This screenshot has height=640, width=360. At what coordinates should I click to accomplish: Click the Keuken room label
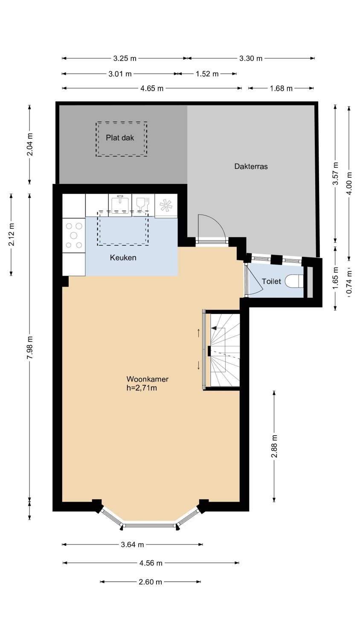pos(123,258)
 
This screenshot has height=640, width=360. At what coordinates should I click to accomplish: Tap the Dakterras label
pos(251,166)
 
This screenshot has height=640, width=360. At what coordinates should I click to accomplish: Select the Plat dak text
pos(120,138)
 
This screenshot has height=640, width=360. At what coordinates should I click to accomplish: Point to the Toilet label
pos(271,282)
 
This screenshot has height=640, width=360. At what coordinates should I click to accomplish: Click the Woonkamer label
pos(148,379)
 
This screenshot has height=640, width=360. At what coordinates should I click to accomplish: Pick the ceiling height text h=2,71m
pos(142,388)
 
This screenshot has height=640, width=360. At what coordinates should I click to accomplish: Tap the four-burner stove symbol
pos(74,236)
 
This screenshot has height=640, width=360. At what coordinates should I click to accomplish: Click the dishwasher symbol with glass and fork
pos(143,204)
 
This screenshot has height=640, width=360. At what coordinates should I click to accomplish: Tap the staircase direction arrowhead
pos(214,329)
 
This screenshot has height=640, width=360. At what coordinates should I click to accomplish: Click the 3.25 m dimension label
pos(125,58)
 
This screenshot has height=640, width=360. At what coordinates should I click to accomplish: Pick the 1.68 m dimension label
pos(281,88)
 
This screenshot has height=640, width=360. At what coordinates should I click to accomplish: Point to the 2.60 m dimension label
pos(150,582)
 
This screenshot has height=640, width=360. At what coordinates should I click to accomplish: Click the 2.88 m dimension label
pos(274,446)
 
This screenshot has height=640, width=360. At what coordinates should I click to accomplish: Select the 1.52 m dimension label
pos(207,74)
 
